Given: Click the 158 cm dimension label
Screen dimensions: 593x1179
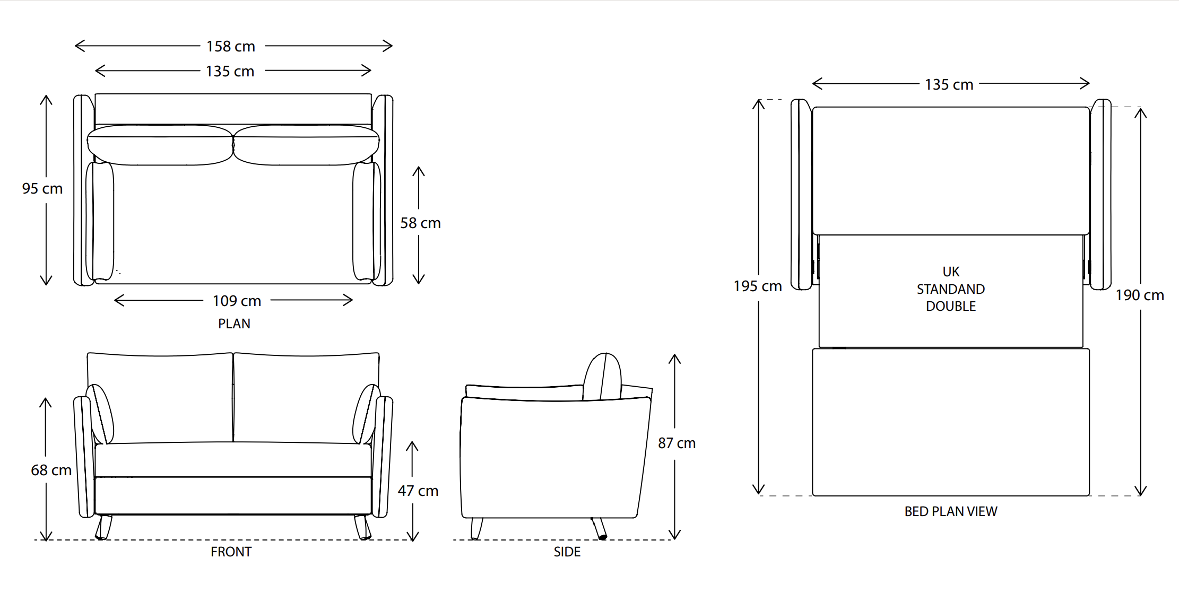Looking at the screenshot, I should tap(231, 47).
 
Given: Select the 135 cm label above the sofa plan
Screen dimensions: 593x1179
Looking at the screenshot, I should tap(230, 72).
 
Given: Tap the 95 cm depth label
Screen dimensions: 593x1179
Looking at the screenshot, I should tap(42, 189).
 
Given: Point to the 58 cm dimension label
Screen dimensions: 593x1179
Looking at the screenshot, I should tap(420, 223).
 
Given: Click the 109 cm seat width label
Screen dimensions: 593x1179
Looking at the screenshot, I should tap(237, 301).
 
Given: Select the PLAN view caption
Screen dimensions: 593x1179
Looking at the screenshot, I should tap(234, 324).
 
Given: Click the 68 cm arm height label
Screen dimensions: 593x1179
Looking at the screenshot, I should tap(51, 470).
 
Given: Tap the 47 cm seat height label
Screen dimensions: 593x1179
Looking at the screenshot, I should tap(418, 491).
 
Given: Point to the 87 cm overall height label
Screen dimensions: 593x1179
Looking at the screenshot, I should tap(677, 443).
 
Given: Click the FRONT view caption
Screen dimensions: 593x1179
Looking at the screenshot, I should tap(231, 552).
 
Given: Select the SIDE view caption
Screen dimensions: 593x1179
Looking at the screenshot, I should tap(567, 552).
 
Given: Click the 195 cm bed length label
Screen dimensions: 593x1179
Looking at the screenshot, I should tap(757, 286).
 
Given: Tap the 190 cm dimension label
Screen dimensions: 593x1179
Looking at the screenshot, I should tap(1140, 295).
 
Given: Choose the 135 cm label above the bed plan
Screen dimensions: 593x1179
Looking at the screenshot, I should tap(949, 85).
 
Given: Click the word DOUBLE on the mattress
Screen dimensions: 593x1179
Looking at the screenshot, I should tap(951, 307).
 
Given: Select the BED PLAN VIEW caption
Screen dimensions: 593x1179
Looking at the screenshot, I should tap(951, 512).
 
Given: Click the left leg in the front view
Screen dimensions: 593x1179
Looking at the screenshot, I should tap(103, 527).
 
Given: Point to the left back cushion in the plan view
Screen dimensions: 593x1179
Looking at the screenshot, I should tap(160, 145).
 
